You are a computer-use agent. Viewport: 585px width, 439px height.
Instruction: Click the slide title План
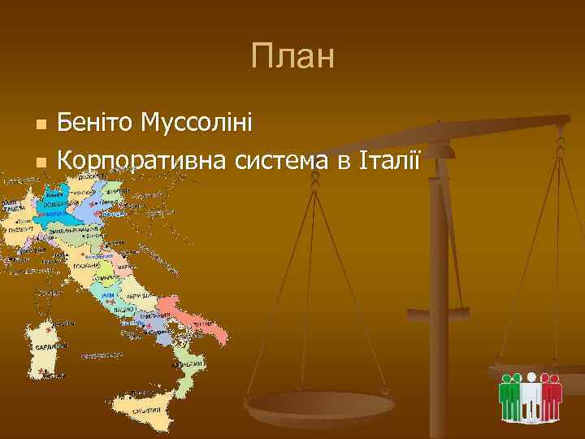[292, 58]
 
